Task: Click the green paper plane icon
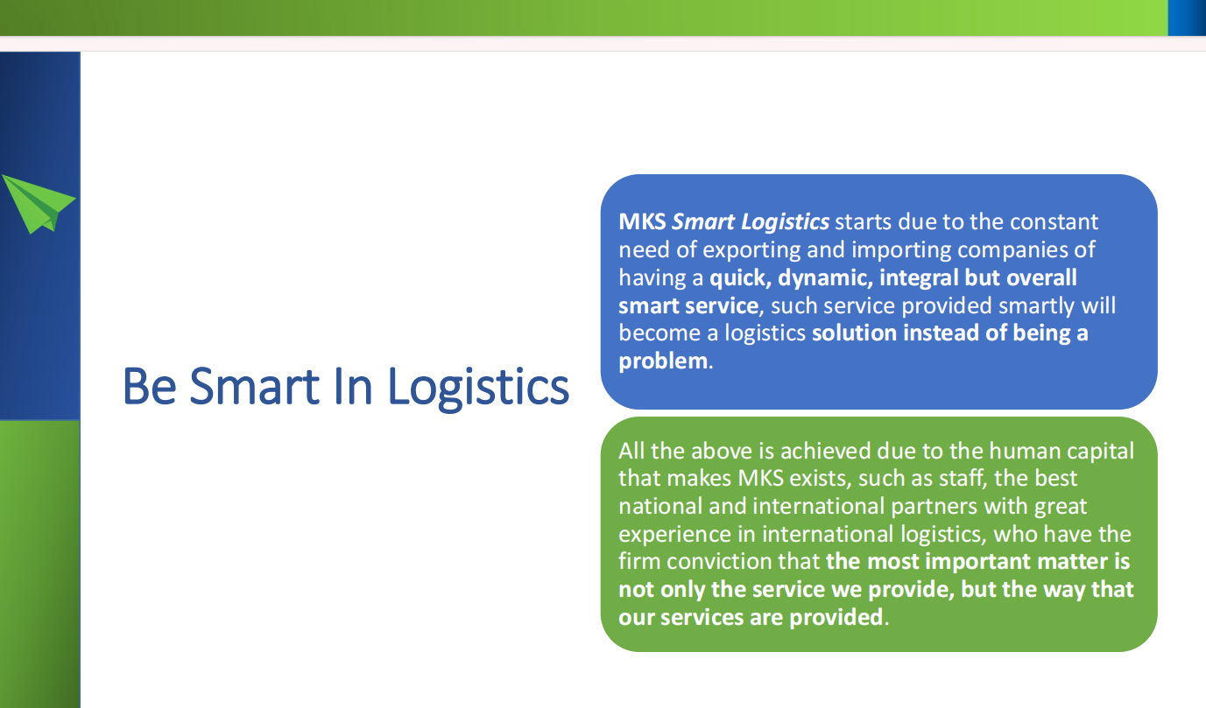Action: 38,204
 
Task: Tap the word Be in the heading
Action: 150,386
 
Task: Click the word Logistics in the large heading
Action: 478,388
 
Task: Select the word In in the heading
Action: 353,386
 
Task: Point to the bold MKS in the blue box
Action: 642,221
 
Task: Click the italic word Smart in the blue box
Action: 703,221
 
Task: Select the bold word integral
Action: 919,278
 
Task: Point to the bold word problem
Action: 663,361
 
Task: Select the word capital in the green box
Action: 1101,452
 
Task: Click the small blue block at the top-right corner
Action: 1187,18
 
